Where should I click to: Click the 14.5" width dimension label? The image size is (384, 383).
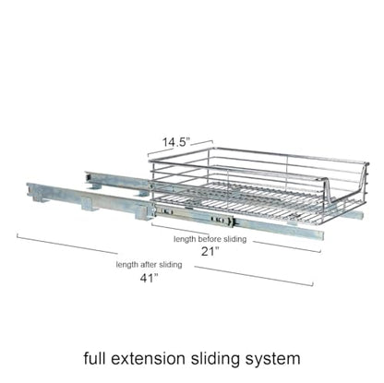[x=176, y=142]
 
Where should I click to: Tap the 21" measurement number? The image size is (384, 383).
[x=210, y=252]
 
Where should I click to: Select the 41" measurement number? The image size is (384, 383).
[x=149, y=278]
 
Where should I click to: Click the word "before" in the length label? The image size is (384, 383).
[x=210, y=239]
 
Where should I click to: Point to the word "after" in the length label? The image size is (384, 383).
[x=148, y=265]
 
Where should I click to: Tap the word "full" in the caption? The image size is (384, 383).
[x=95, y=358]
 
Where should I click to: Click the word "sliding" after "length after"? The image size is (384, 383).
[x=170, y=265]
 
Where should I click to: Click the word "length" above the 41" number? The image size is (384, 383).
[x=127, y=265]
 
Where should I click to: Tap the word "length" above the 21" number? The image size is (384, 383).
[x=185, y=239]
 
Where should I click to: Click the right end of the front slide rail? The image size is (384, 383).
[x=322, y=235]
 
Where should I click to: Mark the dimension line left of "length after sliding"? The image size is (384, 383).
[x=67, y=244]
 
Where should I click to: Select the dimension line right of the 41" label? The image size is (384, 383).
[x=254, y=276]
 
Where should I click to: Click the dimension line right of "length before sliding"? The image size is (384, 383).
[x=287, y=246]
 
